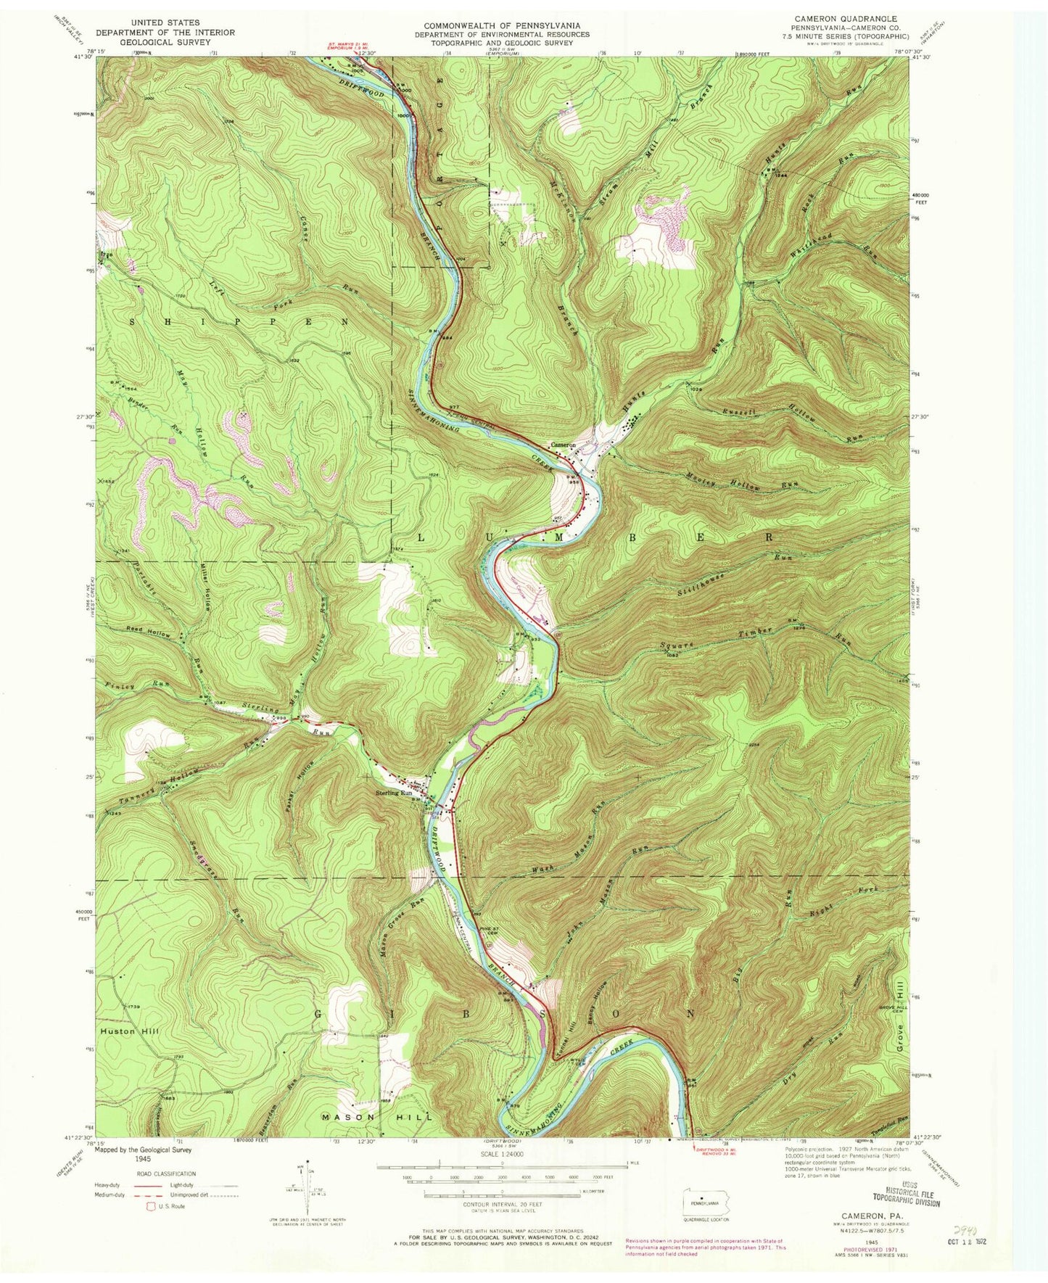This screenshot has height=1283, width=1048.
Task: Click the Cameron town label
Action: [x=563, y=445]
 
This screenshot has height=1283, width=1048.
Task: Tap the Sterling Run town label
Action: [x=394, y=793]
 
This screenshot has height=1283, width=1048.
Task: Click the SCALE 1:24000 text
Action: [x=500, y=1153]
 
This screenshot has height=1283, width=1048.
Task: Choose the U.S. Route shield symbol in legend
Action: [x=153, y=1206]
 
